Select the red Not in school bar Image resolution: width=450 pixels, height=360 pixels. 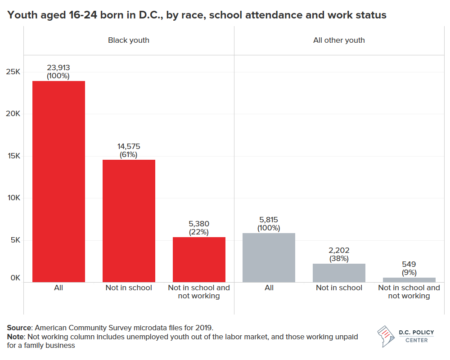coord(129,220)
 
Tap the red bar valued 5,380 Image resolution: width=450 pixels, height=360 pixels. coord(199,260)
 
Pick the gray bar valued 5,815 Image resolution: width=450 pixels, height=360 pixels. coord(269,257)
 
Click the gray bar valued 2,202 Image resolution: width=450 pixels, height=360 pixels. coord(339,273)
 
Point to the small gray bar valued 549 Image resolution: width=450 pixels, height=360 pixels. coord(409,280)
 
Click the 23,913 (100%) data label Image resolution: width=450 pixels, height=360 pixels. coord(58,72)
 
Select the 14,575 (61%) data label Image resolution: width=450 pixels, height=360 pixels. coord(129,150)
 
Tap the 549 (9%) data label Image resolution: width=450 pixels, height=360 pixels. coord(409,268)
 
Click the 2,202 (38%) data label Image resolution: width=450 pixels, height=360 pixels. coord(339,254)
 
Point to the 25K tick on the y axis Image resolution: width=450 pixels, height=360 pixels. coord(13,72)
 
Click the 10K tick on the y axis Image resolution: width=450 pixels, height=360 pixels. coord(13,198)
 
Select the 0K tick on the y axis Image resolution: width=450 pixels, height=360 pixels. coord(15,278)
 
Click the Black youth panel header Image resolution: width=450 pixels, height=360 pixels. coord(129,40)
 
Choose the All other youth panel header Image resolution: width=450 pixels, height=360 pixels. coord(339,40)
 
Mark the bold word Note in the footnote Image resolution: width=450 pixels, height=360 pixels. coord(16,337)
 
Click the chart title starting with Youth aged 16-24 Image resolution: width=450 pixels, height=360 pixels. coord(197,15)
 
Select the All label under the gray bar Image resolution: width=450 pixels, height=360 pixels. coord(269,288)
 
